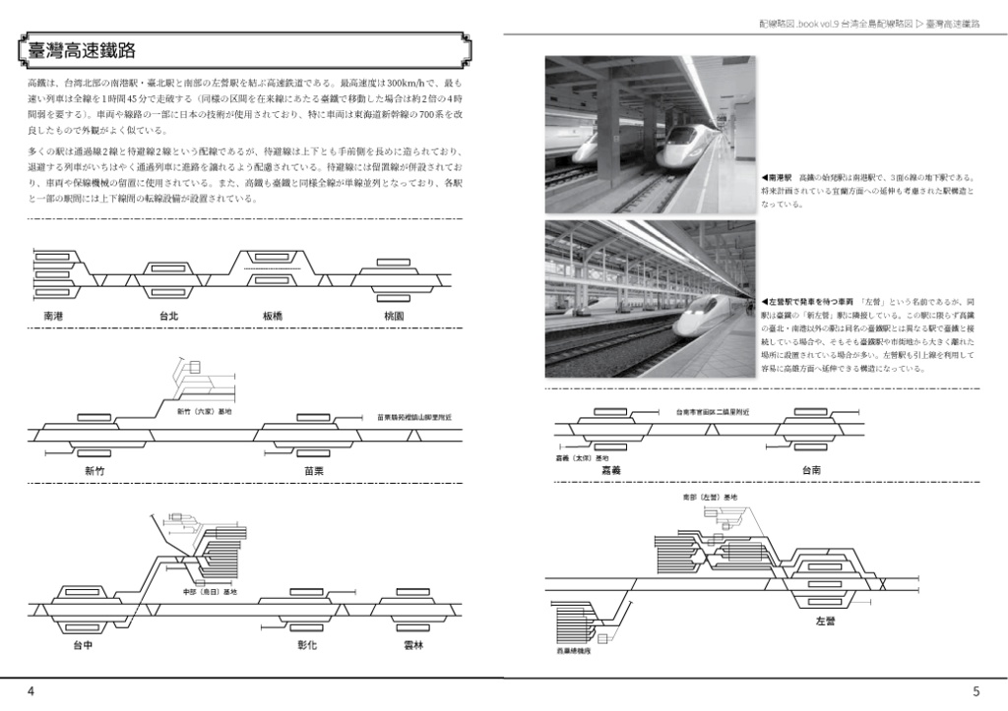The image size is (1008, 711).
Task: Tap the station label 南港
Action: pyautogui.click(x=54, y=317)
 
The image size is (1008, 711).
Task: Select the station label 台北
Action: pyautogui.click(x=168, y=317)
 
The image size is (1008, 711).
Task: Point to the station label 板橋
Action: pyautogui.click(x=274, y=317)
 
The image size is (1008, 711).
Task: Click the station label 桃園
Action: pyautogui.click(x=394, y=317)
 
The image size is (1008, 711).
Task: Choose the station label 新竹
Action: pyautogui.click(x=95, y=471)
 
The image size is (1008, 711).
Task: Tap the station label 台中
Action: pyautogui.click(x=84, y=646)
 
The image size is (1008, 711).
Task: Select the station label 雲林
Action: pyautogui.click(x=413, y=646)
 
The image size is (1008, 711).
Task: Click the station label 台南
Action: pyautogui.click(x=811, y=471)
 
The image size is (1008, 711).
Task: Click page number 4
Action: pyautogui.click(x=31, y=692)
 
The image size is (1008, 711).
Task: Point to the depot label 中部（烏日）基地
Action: pyautogui.click(x=210, y=591)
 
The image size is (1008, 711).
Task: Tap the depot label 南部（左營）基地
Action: pyautogui.click(x=710, y=499)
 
